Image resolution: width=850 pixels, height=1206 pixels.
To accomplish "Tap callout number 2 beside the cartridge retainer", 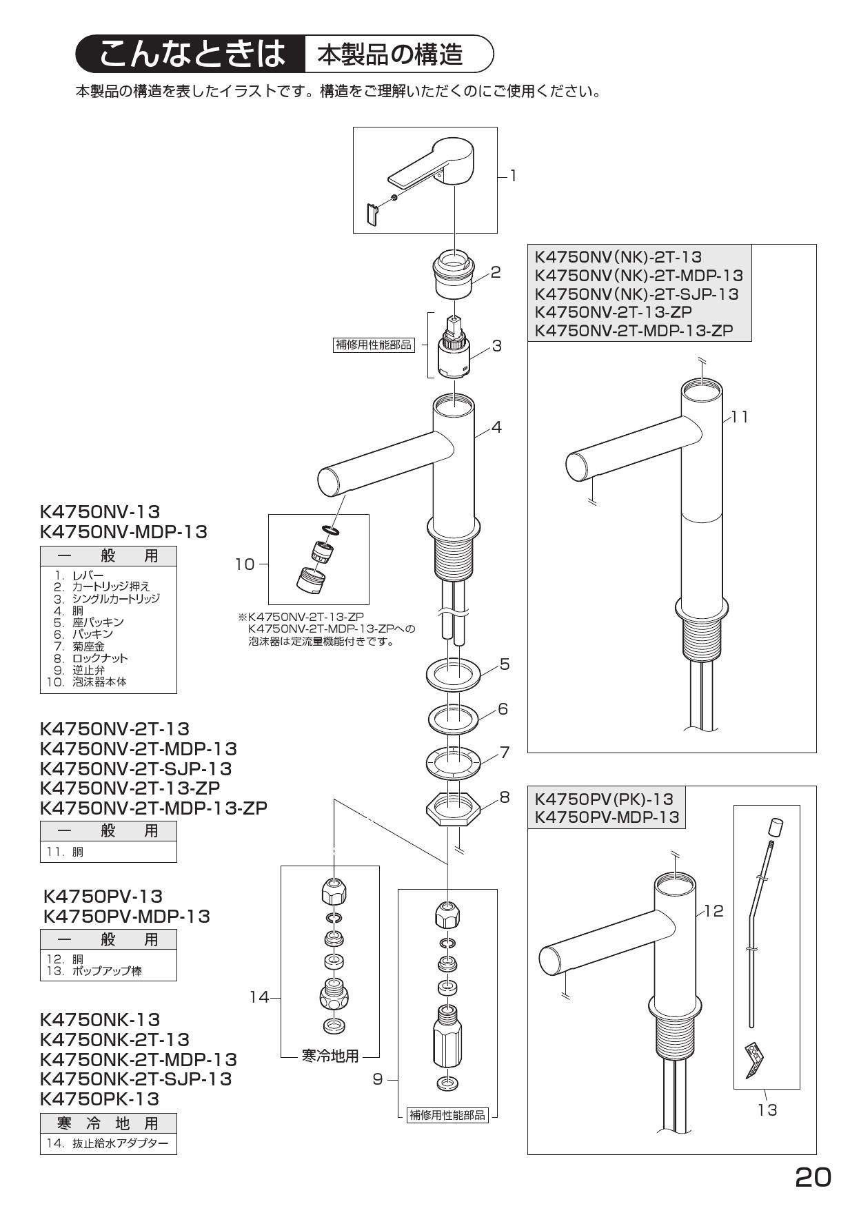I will (x=495, y=272).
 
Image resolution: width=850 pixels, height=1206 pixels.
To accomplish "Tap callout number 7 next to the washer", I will (x=505, y=752).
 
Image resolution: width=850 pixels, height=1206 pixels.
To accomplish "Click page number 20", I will (x=813, y=1178).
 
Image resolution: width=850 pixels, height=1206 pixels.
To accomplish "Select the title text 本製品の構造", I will (x=389, y=54).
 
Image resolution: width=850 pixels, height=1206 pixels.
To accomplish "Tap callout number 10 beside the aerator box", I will (x=245, y=564).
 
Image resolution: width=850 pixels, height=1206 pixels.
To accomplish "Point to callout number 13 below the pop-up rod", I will (x=767, y=1110).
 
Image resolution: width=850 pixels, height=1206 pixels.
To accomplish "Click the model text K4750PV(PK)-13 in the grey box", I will (x=604, y=799).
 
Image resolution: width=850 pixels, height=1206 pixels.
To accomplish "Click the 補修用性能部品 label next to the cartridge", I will (x=373, y=345).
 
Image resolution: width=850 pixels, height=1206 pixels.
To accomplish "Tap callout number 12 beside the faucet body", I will (x=714, y=910).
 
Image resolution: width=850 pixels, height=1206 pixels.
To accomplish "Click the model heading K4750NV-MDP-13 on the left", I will (x=123, y=531).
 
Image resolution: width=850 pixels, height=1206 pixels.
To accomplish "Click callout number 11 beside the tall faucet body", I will (x=739, y=417).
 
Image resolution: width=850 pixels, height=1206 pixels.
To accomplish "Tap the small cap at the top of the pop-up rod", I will (x=776, y=826).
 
